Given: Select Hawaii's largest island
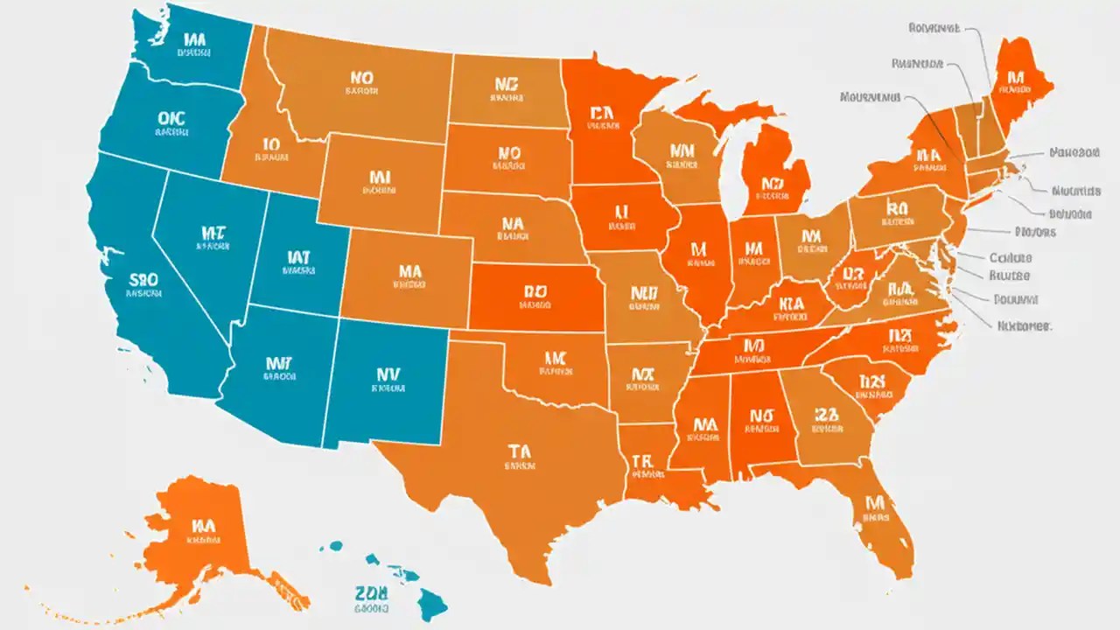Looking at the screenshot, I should click(x=430, y=603).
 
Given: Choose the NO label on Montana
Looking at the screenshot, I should click(x=361, y=80).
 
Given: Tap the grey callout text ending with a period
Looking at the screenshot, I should click(x=1024, y=325).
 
